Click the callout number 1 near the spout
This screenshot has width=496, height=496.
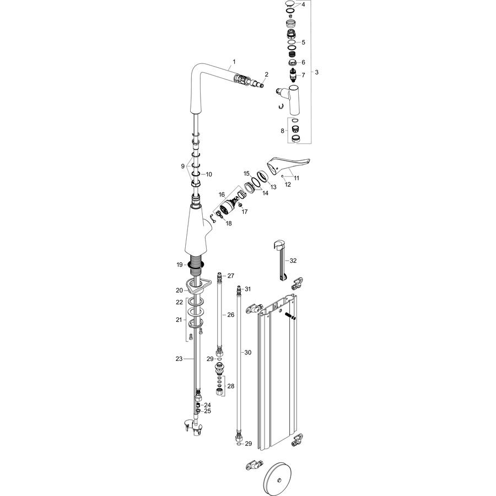point(234,62)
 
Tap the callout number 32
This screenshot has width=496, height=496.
point(293,261)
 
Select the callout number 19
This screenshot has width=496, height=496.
point(180,265)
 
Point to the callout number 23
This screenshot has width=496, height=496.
point(179,359)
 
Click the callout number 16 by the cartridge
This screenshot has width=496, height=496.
point(222,195)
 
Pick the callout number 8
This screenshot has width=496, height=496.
point(283,130)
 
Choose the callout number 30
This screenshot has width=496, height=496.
point(248,352)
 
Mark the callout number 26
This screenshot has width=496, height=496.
point(231,315)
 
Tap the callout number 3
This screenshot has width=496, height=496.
point(316,72)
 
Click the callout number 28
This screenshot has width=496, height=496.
point(231,386)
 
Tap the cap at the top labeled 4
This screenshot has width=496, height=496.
point(289,4)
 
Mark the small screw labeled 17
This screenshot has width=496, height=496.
point(240,206)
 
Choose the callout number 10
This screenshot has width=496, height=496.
point(209,174)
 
